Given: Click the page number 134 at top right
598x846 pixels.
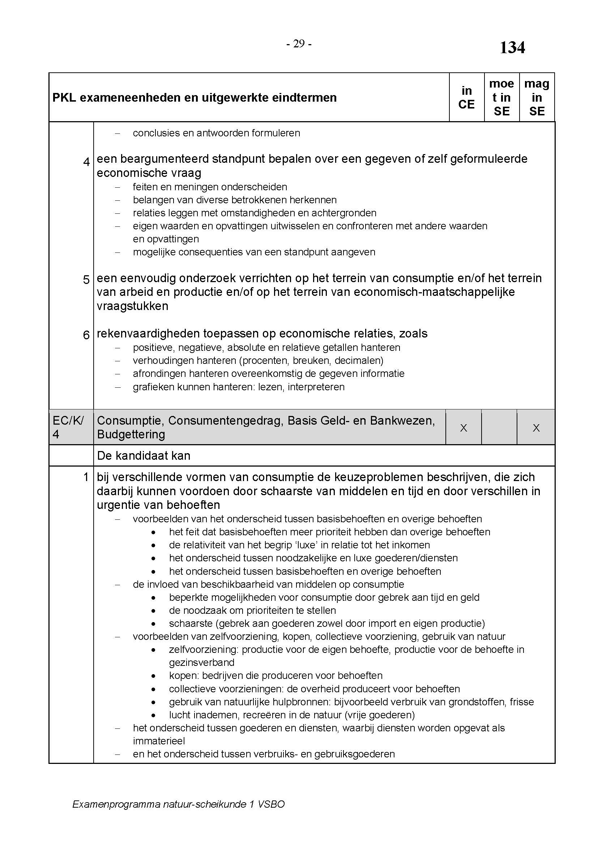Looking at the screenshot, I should [x=512, y=48].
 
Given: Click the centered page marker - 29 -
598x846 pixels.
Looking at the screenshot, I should [x=299, y=44].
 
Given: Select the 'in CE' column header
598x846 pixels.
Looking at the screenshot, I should [x=466, y=97].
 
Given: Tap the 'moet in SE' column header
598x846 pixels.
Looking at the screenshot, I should [x=501, y=97].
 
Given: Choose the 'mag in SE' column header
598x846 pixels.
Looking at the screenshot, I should [x=537, y=97].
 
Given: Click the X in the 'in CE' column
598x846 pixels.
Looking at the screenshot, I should [x=464, y=428].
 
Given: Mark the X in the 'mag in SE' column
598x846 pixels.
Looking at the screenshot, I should [x=536, y=428].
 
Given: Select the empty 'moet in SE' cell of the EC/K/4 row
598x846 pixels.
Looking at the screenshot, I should [x=499, y=428].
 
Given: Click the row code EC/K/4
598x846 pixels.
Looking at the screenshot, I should [x=68, y=427].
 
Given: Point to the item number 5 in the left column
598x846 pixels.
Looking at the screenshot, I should [x=86, y=280].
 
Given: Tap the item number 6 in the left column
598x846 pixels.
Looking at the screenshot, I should [x=86, y=335].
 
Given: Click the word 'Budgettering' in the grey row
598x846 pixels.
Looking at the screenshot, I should [x=131, y=434].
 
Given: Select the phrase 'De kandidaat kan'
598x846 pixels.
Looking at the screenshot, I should [x=144, y=456].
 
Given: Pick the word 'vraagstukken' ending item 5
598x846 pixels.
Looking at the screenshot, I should [x=132, y=306].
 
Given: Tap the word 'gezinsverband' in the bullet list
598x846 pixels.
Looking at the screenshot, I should [x=201, y=662].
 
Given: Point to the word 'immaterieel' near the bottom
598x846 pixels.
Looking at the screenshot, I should [x=159, y=741].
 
